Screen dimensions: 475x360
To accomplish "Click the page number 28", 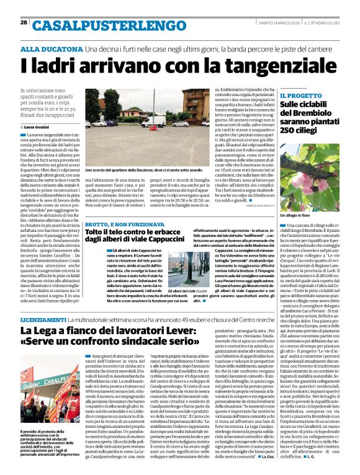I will pyautogui.click(x=23, y=22).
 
